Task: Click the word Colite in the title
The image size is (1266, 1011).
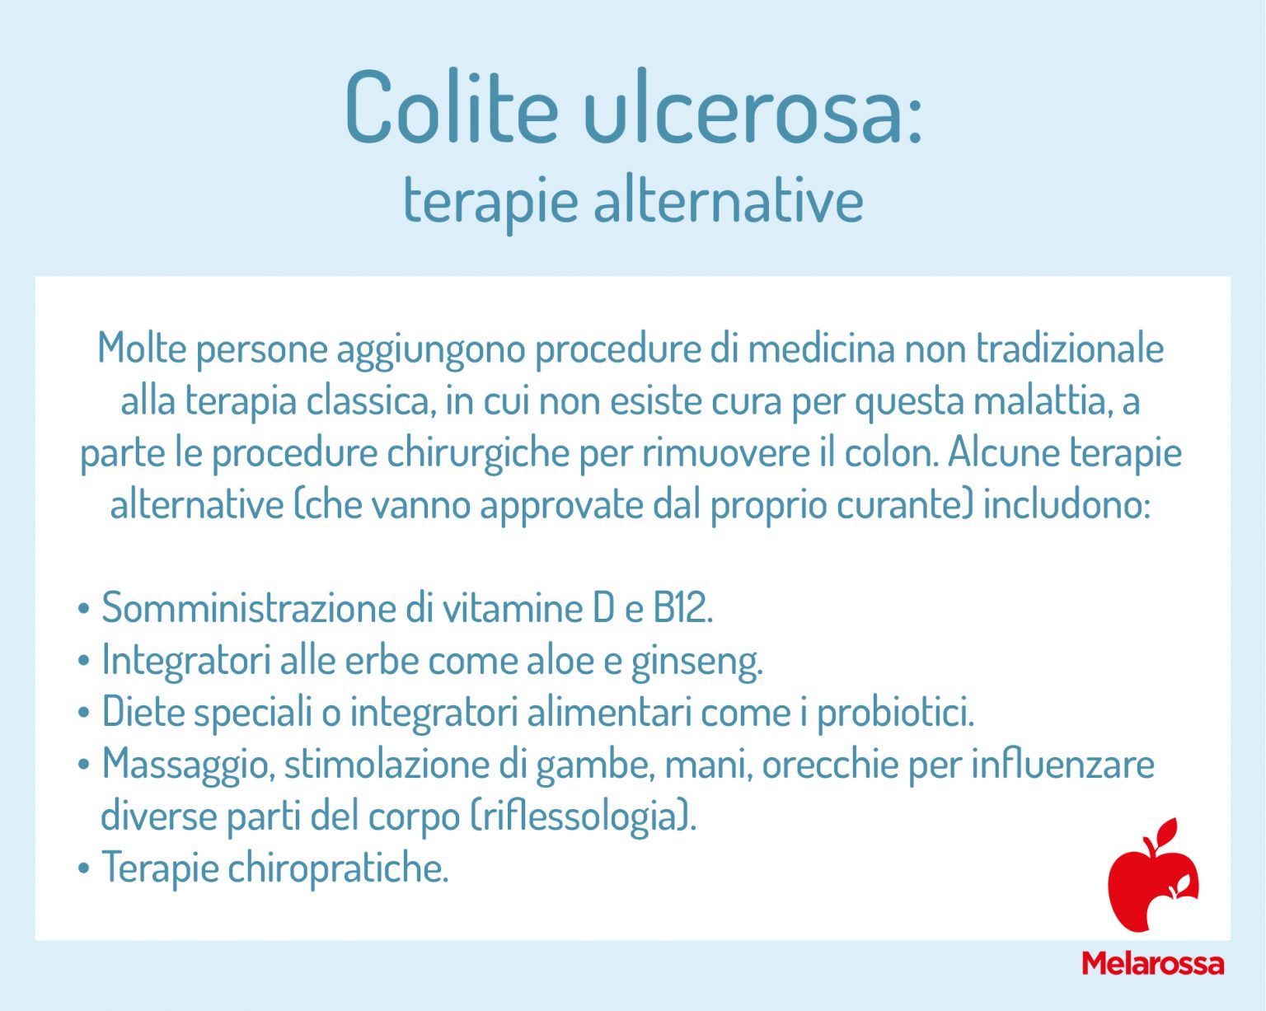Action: click(x=451, y=108)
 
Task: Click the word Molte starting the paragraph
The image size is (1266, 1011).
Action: click(x=142, y=349)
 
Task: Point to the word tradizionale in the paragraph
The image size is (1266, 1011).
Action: click(x=1069, y=349)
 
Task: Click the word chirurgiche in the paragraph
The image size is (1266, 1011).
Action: click(x=478, y=453)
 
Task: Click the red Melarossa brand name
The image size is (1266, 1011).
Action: click(x=1152, y=963)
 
